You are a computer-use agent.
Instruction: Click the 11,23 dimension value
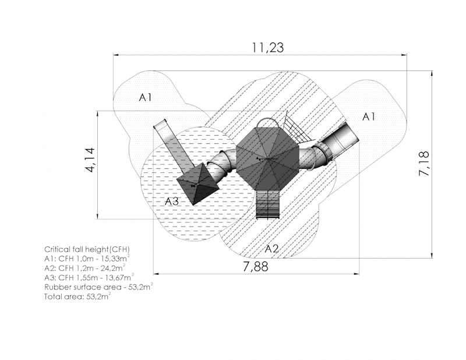coord(268,48)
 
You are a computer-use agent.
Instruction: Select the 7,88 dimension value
coord(256,266)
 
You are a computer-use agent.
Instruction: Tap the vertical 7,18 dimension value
coord(424,164)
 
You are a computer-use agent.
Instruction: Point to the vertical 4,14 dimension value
coord(90,160)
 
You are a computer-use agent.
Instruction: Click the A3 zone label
coord(172,202)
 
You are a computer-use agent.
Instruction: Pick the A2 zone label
coord(271,249)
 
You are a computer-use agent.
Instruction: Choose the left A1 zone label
coord(145,97)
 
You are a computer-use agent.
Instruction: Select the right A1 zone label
coord(369,117)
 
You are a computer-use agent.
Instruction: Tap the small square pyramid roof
coord(198,184)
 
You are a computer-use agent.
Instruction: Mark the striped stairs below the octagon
coord(268,204)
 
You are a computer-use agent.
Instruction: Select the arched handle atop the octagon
coord(267,118)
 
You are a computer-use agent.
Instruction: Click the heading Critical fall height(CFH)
coord(87,249)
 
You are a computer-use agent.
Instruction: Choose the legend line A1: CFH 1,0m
coord(87,259)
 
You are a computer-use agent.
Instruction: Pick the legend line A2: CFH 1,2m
coord(84,268)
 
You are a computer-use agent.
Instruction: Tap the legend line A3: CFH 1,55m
coord(89,278)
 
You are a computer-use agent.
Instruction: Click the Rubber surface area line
coord(98,287)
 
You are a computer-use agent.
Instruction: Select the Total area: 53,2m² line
coord(77,297)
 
